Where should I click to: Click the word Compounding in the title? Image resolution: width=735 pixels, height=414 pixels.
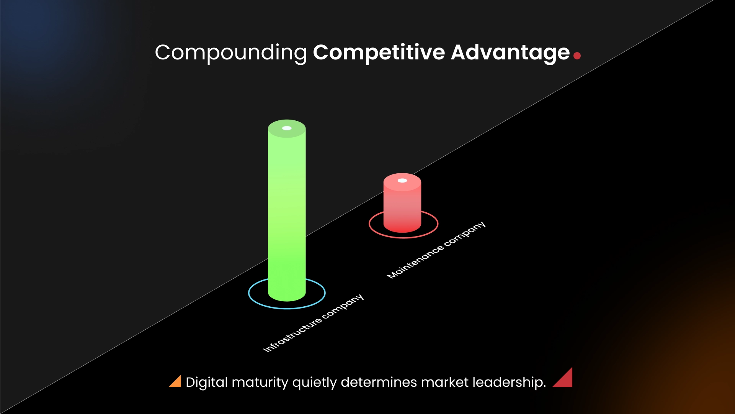coord(230,53)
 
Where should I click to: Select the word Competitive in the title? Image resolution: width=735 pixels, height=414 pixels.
coord(379,53)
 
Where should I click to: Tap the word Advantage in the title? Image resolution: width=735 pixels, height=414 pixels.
coord(510,53)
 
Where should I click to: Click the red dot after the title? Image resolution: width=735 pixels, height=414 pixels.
coord(577,56)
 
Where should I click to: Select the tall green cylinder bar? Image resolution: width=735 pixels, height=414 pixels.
coord(287,211)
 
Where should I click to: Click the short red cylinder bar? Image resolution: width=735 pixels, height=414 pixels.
coord(402,205)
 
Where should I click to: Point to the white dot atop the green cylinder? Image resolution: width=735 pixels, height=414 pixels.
coord(287,128)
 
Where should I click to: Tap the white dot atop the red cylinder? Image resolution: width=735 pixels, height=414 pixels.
coord(402,181)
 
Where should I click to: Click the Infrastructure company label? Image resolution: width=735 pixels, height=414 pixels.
coord(313,323)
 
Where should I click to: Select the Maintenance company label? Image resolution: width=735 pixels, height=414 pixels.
coord(436,250)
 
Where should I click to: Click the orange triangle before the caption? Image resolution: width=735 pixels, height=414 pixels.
coord(176,382)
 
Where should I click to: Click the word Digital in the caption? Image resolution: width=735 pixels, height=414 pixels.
coord(207,383)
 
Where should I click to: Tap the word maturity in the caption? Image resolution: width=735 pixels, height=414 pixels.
coord(260,383)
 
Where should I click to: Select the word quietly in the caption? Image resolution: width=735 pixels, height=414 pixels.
coord(314,383)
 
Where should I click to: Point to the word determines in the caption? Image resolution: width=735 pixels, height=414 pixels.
coord(379,383)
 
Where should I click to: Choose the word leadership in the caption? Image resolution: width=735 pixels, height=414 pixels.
coord(509,383)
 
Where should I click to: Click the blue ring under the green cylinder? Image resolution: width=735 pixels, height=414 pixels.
coord(287,307)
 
